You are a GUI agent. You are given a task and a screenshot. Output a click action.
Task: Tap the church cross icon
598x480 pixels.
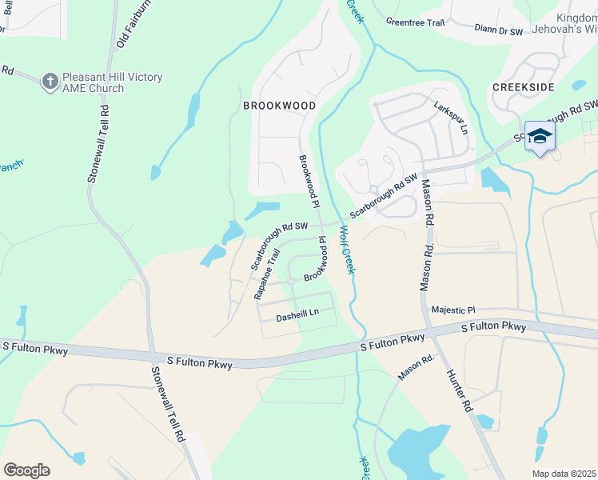(50, 80)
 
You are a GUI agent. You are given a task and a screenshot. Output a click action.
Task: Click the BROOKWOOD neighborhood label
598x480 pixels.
(279, 106)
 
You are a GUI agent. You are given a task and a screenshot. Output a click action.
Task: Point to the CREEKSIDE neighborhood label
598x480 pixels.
(524, 86)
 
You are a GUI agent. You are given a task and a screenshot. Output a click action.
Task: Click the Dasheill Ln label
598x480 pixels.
(297, 317)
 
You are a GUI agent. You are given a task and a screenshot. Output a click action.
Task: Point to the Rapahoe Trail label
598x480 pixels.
(264, 274)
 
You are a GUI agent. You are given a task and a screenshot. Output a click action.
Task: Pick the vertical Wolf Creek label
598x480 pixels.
(346, 249)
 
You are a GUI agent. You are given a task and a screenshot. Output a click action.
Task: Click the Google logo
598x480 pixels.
(26, 470)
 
